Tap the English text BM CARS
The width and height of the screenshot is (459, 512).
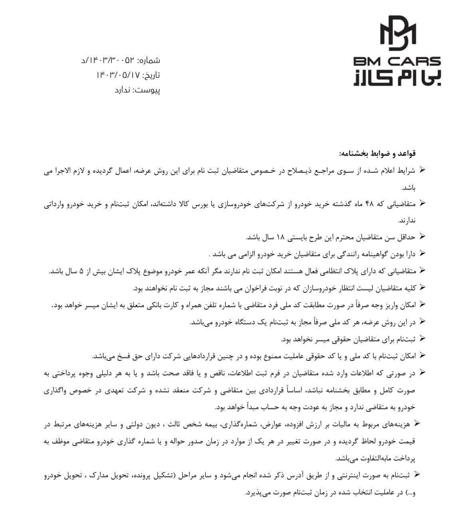coord(397,62)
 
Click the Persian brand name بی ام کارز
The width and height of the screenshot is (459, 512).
coord(397,77)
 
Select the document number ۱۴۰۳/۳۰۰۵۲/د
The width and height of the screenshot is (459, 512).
coord(108,60)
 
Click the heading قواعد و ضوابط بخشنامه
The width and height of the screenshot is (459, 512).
coord(378,154)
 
